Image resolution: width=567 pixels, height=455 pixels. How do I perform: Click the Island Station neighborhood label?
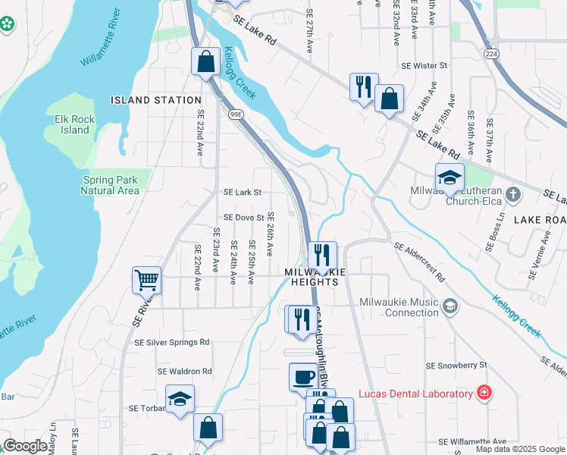tap(156, 100)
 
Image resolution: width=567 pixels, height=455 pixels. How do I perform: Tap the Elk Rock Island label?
tap(73, 124)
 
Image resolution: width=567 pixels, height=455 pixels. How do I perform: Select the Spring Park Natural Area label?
tap(110, 186)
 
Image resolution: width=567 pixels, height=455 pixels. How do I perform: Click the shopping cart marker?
tap(146, 280)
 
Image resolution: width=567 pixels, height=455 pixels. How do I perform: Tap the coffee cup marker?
tap(303, 377)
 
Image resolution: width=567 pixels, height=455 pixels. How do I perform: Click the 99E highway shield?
tap(237, 115)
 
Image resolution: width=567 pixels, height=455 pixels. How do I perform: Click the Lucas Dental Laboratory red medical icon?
tap(483, 393)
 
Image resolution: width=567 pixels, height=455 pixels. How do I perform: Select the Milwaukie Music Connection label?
tap(402, 307)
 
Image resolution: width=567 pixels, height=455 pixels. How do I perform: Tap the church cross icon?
tap(513, 194)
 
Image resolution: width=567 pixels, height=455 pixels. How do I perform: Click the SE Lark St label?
tap(243, 193)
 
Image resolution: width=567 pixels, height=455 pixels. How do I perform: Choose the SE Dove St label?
tap(243, 218)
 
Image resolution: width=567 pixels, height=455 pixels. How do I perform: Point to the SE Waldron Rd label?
tap(185, 372)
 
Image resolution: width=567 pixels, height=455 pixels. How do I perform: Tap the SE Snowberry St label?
tap(456, 366)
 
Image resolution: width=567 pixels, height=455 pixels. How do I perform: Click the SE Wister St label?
tap(424, 66)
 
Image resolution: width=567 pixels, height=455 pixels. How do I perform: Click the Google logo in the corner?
tap(25, 446)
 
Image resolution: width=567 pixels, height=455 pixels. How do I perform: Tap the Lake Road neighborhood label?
tap(540, 220)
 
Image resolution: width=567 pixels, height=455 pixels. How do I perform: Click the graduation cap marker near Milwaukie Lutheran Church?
tap(450, 178)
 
